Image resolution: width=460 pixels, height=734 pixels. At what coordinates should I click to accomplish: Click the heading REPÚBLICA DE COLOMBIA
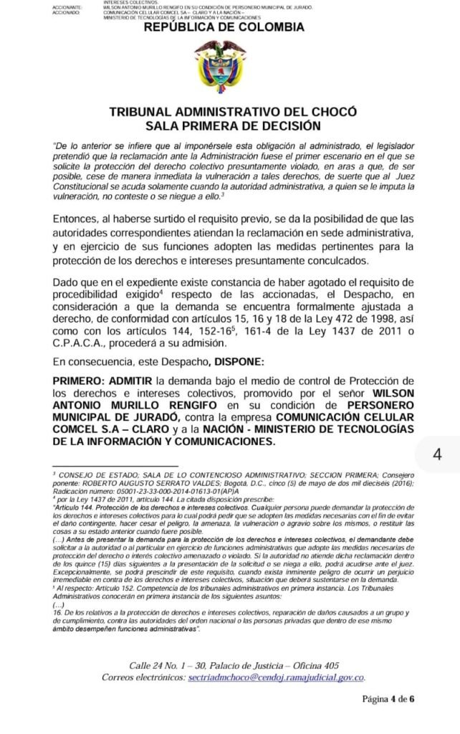pyautogui.click(x=224, y=27)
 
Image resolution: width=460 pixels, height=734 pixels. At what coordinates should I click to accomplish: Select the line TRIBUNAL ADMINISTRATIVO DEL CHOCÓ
pyautogui.click(x=224, y=113)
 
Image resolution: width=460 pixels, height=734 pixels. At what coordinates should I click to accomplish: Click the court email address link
pyautogui.click(x=275, y=677)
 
